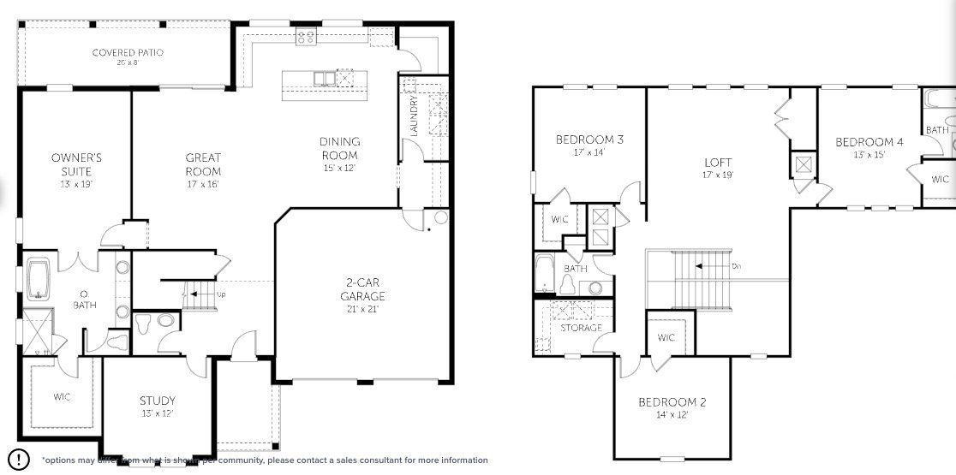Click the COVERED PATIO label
pos(128,53)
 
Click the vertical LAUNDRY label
pos(414,117)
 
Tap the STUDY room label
pos(158,401)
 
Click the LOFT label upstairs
pos(718,163)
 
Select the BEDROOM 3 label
pos(589,140)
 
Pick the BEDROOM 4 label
pos(869,142)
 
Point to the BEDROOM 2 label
pos(672,402)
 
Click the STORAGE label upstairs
pos(582,328)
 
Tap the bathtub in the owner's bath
pos(39,282)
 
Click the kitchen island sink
pos(325,80)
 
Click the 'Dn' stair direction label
pos(736,266)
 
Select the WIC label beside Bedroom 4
pos(940,180)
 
